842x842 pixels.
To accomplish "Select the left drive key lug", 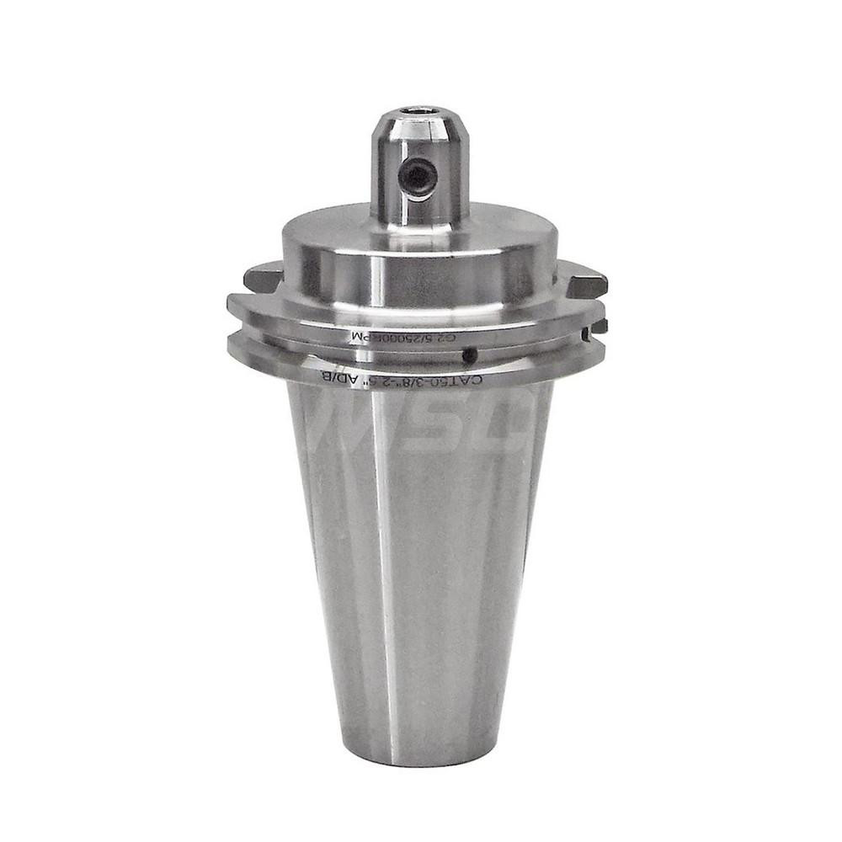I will tap(261, 275).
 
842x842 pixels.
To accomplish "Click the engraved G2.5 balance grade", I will tap(445, 338).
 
